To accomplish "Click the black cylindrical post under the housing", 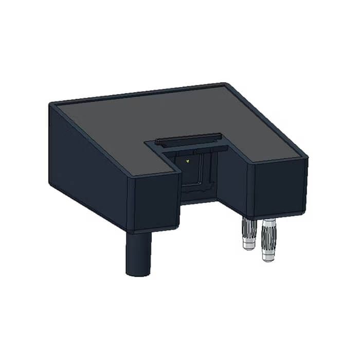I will click(x=138, y=252).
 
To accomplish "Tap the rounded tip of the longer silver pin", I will click(x=268, y=257).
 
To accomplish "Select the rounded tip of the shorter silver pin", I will click(x=249, y=246).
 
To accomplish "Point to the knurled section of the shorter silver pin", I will click(x=248, y=227).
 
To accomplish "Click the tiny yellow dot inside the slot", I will click(x=188, y=161).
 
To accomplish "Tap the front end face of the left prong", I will click(x=153, y=202).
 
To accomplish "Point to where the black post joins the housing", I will click(x=138, y=232).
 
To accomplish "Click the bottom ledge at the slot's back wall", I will click(x=198, y=198).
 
